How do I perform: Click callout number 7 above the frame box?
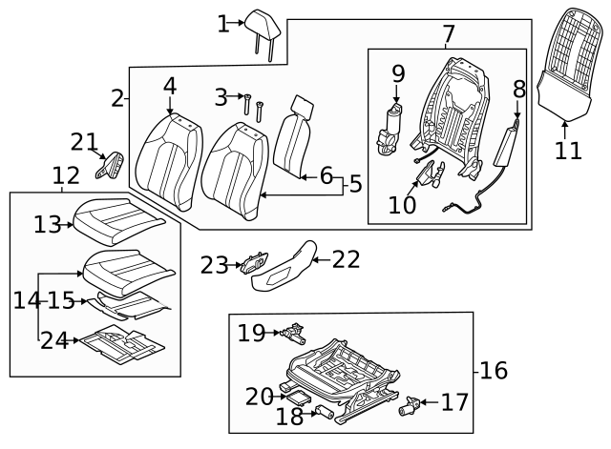pyautogui.click(x=448, y=35)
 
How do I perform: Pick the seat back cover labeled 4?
pyautogui.click(x=170, y=156)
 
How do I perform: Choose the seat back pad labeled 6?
pyautogui.click(x=295, y=138)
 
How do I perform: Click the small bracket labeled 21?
pyautogui.click(x=111, y=165)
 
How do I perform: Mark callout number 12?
pyautogui.click(x=66, y=175)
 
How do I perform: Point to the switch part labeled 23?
pyautogui.click(x=253, y=264)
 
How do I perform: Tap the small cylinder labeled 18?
pyautogui.click(x=322, y=415)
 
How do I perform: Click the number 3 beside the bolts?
pyautogui.click(x=221, y=96)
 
